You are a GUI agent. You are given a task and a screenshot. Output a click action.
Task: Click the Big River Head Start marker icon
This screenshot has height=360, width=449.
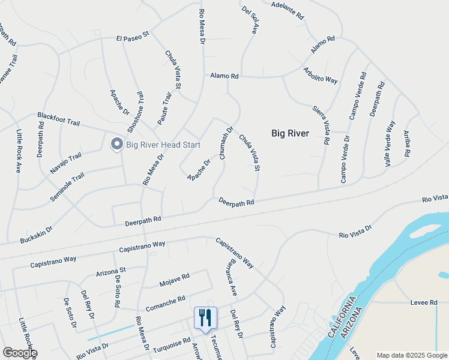[x=116, y=144]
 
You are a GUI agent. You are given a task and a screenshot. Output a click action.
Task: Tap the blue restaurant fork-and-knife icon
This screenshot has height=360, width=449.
[x=205, y=317]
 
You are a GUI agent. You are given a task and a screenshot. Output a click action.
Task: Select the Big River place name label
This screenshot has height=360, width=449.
[x=290, y=133]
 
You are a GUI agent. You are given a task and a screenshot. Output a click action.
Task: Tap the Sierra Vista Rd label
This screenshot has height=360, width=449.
[x=321, y=125]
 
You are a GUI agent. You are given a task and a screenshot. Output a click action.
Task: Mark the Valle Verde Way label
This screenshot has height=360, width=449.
[x=390, y=143]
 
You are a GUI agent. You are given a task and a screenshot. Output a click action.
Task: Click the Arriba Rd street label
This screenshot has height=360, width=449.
[x=406, y=143]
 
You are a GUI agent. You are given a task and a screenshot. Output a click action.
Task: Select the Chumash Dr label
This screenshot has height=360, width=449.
[x=226, y=142]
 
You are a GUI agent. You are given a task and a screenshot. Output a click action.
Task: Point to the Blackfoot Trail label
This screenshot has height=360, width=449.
[x=58, y=118]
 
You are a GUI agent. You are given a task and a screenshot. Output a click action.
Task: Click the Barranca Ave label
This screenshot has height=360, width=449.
[x=231, y=281]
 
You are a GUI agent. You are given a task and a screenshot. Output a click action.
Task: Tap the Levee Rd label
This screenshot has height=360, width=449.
[x=424, y=302]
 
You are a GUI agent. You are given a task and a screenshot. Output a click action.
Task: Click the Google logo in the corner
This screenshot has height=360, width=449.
[x=20, y=353]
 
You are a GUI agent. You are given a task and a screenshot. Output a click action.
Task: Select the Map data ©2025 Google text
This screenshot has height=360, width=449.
[x=412, y=355]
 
